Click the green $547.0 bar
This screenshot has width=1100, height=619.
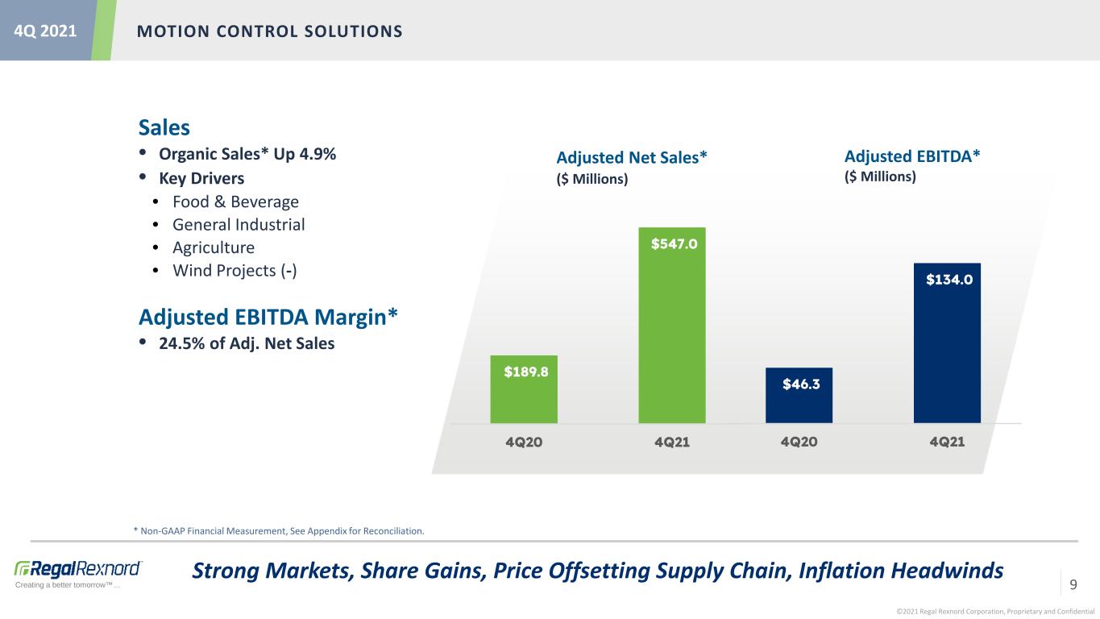pyautogui.click(x=672, y=325)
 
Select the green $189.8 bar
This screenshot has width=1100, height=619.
pyautogui.click(x=524, y=389)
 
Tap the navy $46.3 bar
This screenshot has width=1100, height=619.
pyautogui.click(x=799, y=395)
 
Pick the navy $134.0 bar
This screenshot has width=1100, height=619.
pyautogui.click(x=947, y=343)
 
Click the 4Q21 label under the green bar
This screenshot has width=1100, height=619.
pyautogui.click(x=672, y=442)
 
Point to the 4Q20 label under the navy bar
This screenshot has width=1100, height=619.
pyautogui.click(x=799, y=442)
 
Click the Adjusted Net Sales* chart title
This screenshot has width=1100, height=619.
pyautogui.click(x=632, y=158)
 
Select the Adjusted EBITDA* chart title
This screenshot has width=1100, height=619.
pyautogui.click(x=912, y=156)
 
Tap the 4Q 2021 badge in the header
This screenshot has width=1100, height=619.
pyautogui.click(x=45, y=31)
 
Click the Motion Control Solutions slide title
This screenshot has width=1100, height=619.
pyautogui.click(x=270, y=31)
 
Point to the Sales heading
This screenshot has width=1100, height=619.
pyautogui.click(x=164, y=127)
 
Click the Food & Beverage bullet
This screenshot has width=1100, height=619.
pyautogui.click(x=235, y=201)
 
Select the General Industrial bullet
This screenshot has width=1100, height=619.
pyautogui.click(x=239, y=225)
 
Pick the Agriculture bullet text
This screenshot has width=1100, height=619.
pyautogui.click(x=214, y=247)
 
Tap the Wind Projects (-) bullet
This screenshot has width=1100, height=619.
pyautogui.click(x=235, y=271)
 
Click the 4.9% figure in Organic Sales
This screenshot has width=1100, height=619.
pyautogui.click(x=318, y=154)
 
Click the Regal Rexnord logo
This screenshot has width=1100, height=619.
pyautogui.click(x=78, y=573)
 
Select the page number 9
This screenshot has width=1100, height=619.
pyautogui.click(x=1073, y=584)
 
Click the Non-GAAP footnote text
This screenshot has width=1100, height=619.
pyautogui.click(x=279, y=531)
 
